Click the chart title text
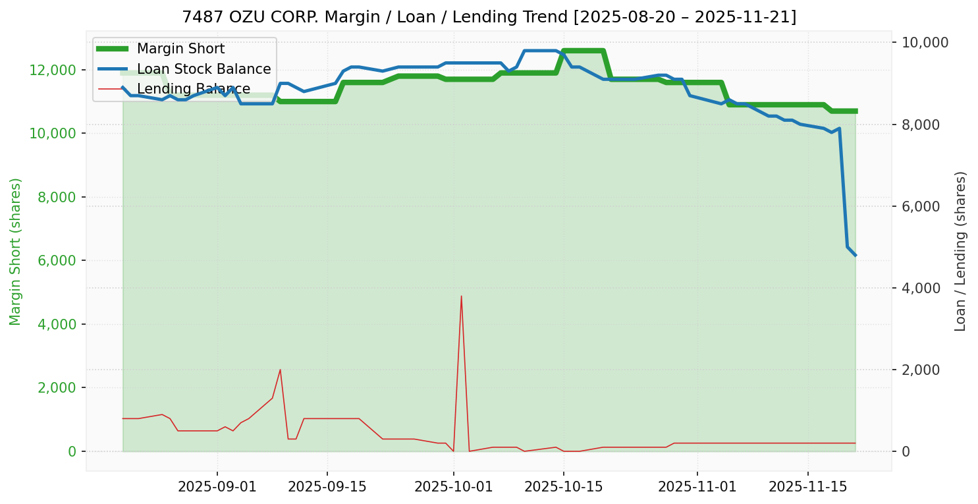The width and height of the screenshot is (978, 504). [489, 16]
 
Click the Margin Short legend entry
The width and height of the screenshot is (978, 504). [180, 49]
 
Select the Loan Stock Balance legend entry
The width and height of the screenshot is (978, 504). [204, 69]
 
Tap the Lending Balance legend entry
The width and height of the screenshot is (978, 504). [193, 89]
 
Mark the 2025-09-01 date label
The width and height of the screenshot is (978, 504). [217, 488]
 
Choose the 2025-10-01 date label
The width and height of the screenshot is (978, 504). [454, 488]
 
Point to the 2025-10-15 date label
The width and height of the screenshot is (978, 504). [564, 488]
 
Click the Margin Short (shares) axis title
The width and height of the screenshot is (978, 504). [16, 252]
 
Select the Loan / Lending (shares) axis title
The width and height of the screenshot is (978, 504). [960, 252]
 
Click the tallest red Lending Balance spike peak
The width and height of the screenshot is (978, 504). [461, 296]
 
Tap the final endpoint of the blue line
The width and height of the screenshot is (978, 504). [855, 255]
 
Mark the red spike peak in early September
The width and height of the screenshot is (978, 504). [281, 370]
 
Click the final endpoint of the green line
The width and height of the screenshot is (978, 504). [855, 111]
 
